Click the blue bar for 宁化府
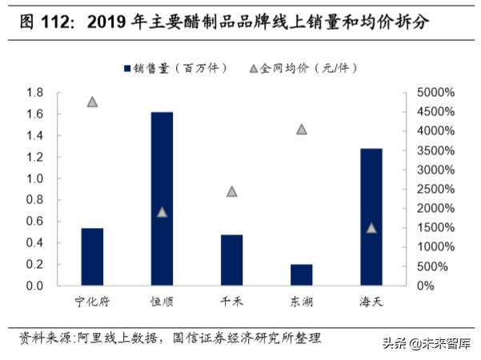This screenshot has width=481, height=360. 92,257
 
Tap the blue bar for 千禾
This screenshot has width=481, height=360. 231,260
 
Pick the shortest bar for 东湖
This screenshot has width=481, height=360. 302,274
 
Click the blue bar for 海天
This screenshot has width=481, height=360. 371,217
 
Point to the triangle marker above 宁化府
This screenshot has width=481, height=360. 92,102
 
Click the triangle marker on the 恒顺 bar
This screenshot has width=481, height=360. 162,212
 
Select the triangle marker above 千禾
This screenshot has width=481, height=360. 231,191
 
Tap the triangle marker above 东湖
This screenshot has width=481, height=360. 302,129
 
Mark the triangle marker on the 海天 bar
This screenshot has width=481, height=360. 371,228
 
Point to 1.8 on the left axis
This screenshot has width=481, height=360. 34,93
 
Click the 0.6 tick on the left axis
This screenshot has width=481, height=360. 34,222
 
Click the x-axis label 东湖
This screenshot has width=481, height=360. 302,302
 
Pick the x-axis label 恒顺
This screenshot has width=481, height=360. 162,302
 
